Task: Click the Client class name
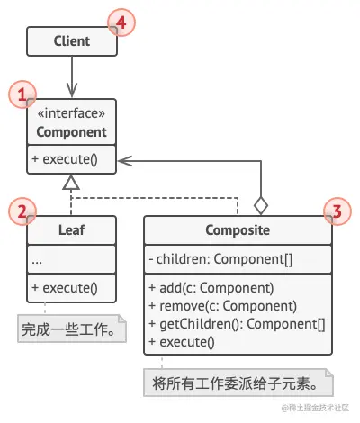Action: coord(72,41)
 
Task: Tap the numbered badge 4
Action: coord(121,22)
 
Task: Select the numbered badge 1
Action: coord(22,94)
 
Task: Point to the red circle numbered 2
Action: coord(22,211)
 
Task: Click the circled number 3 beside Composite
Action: coord(337,211)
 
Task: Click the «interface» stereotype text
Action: coord(71,113)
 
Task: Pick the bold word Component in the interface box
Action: coord(71,132)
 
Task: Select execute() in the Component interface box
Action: coord(65,159)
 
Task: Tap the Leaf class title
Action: coord(71,230)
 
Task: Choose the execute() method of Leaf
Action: coord(65,288)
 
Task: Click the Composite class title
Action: coord(238,230)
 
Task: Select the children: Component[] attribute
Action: coord(220,259)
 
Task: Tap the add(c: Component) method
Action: coord(211,288)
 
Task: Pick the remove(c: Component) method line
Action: coord(223,306)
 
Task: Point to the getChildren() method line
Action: coord(237,324)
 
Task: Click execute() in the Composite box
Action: coord(182,342)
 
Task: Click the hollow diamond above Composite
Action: coord(261,206)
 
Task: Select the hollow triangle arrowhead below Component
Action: coord(71,182)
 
